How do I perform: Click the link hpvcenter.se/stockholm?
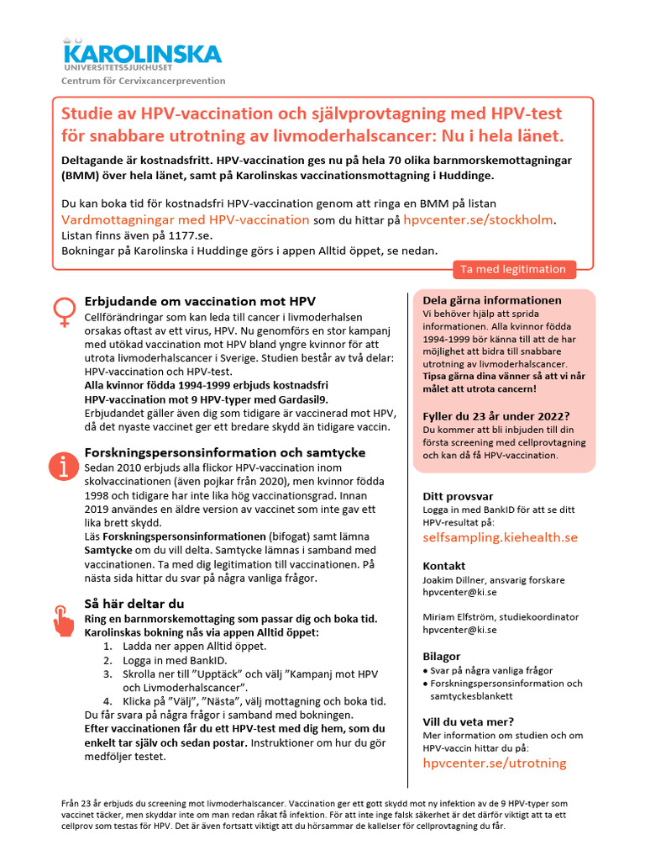click(x=479, y=219)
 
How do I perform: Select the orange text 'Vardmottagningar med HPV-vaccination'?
click(x=186, y=219)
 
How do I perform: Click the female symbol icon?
click(x=62, y=312)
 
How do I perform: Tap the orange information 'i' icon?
click(x=62, y=466)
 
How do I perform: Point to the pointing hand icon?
click(x=63, y=621)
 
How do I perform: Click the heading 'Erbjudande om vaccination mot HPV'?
click(x=200, y=301)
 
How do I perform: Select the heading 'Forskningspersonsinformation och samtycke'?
click(x=225, y=452)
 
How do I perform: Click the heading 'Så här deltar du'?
click(x=134, y=604)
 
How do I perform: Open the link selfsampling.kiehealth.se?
click(x=500, y=537)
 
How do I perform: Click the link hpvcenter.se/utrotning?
click(x=494, y=763)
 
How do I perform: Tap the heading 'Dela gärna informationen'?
click(x=492, y=300)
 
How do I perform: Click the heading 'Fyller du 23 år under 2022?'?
click(x=496, y=415)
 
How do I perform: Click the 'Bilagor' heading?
click(x=442, y=656)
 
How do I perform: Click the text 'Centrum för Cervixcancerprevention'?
click(x=143, y=81)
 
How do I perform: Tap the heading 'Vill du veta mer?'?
click(x=468, y=721)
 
